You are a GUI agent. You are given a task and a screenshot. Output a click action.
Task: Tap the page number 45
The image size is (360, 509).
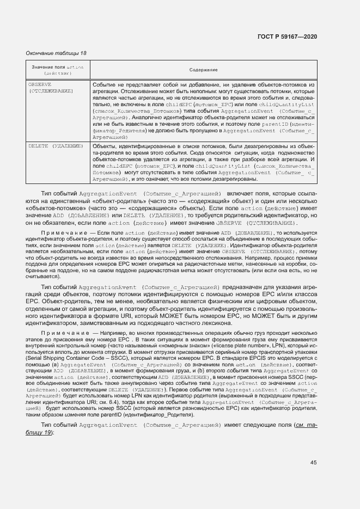[313, 463]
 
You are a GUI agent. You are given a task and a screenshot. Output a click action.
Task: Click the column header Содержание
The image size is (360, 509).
[203, 70]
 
